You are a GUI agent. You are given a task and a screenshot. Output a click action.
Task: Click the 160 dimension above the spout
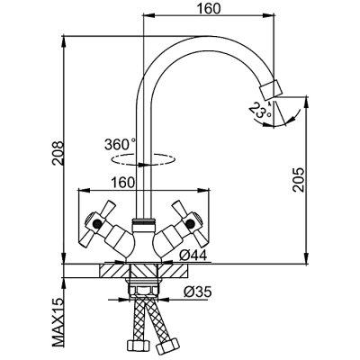tap(209, 8)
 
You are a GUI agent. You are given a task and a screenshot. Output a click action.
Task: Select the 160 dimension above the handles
tap(121, 183)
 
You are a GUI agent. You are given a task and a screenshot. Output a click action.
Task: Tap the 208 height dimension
tap(58, 152)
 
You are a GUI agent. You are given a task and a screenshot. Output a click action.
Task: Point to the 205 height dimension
tap(299, 180)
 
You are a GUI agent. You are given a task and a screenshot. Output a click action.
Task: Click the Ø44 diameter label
tap(193, 256)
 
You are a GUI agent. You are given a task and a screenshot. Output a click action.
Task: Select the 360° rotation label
tap(120, 145)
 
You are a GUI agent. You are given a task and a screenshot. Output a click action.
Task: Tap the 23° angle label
tap(260, 111)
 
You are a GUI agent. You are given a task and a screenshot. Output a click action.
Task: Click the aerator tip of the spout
tap(271, 89)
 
